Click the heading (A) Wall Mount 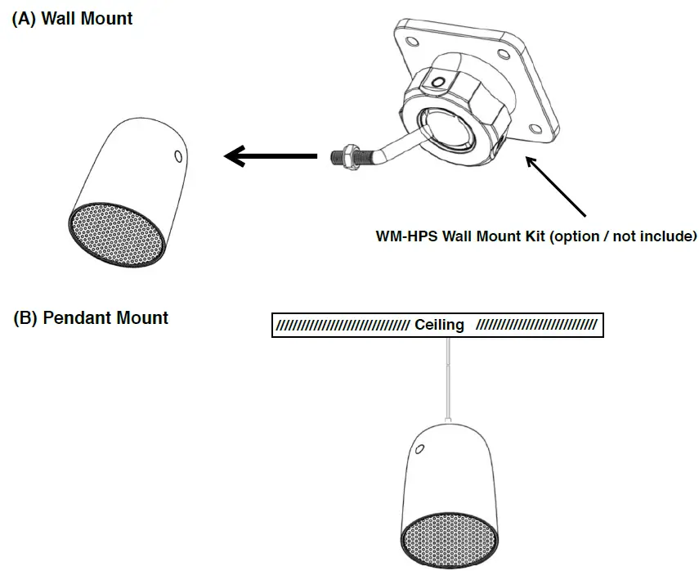point(72,18)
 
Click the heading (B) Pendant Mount point(91,317)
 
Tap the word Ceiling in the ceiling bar point(439,325)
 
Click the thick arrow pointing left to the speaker point(270,155)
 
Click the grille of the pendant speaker point(446,541)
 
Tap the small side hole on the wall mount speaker point(180,155)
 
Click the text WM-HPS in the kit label point(406,237)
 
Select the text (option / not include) point(621,237)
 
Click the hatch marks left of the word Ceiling point(343,325)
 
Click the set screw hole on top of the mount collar point(440,81)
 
